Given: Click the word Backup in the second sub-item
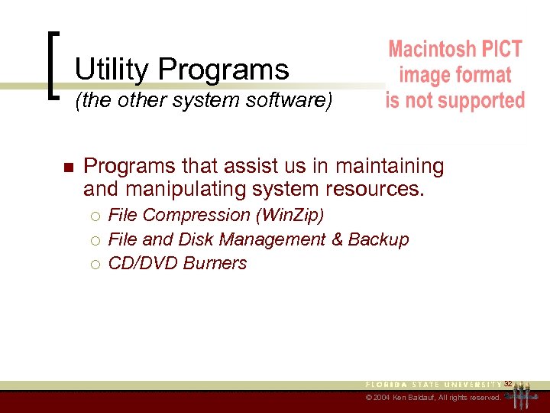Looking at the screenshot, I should [379, 239].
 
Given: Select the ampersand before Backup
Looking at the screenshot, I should [337, 239].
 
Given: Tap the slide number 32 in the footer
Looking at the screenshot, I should [507, 383].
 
